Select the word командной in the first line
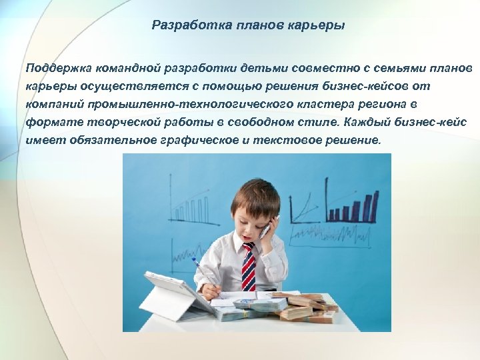click(125, 69)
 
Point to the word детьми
click(253, 69)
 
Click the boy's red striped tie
click(248, 266)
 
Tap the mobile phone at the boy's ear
click(265, 230)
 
